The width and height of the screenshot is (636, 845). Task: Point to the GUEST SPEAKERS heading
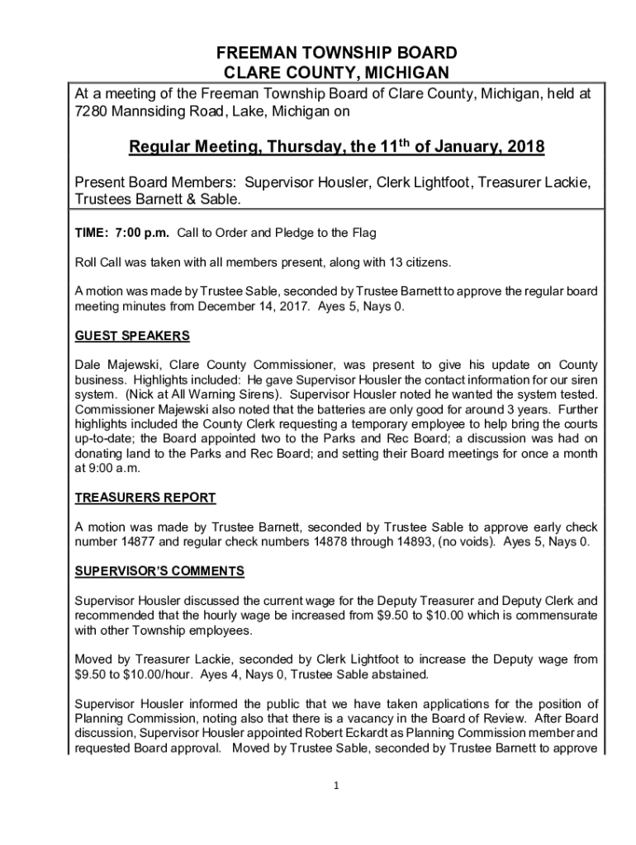click(132, 337)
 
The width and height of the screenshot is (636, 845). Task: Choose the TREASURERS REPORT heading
click(145, 498)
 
